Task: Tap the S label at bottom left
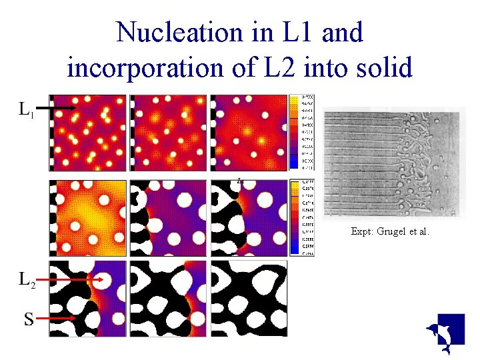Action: (x=29, y=319)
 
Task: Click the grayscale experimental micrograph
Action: (x=391, y=163)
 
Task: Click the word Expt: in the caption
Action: (x=363, y=232)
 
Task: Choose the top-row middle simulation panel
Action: (x=168, y=132)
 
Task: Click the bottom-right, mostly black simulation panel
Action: (x=249, y=298)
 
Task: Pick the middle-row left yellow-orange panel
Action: (x=87, y=217)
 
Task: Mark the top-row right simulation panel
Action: (x=249, y=132)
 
